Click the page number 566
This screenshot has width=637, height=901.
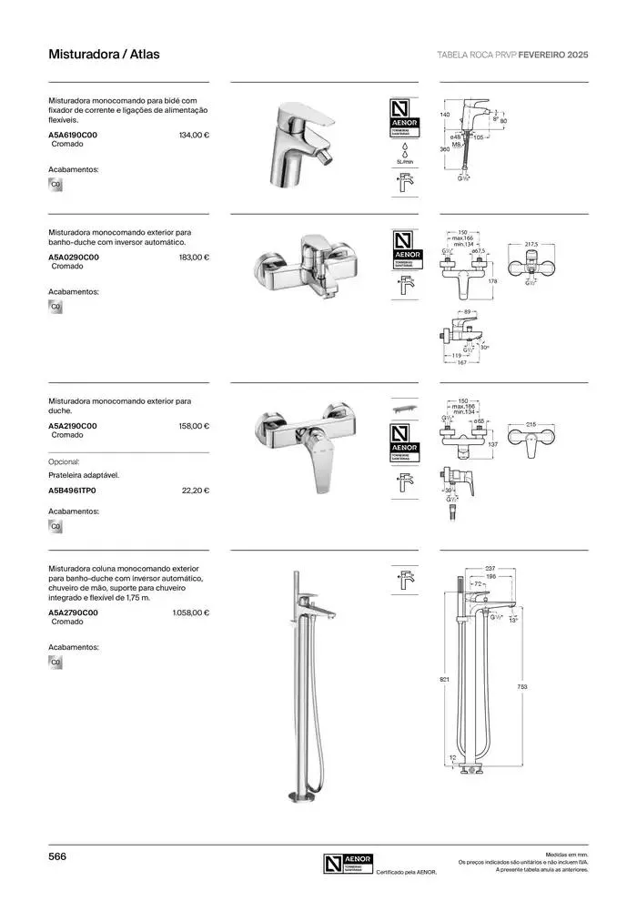tap(57, 856)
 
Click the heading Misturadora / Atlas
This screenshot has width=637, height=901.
tap(104, 55)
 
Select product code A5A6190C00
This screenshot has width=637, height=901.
tap(73, 135)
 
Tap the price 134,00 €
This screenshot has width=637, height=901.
tap(195, 135)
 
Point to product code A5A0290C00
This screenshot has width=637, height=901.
tap(74, 257)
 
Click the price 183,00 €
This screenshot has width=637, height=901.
tap(195, 257)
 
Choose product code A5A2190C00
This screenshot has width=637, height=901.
tap(73, 426)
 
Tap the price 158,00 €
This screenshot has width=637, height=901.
tap(195, 426)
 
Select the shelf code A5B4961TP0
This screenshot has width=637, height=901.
tap(72, 491)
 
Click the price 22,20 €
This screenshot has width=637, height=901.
tap(197, 491)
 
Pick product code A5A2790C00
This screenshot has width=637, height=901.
tap(73, 612)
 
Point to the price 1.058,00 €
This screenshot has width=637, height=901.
tap(191, 612)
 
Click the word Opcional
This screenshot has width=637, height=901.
tap(65, 461)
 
